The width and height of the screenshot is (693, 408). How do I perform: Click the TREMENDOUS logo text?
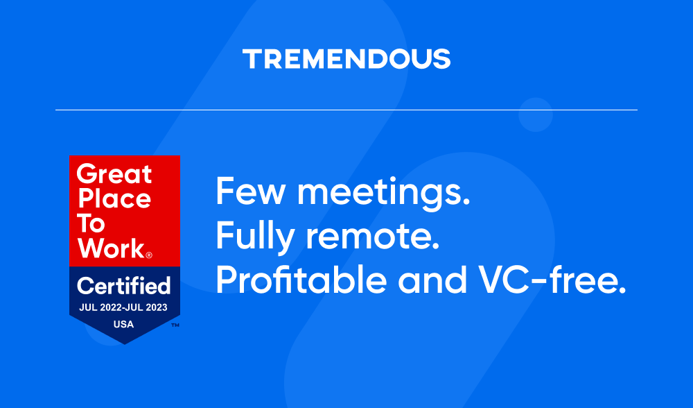click(346, 59)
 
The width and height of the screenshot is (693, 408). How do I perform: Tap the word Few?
click(251, 191)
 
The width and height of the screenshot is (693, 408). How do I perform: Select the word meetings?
click(384, 193)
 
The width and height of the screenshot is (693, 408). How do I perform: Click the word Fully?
click(255, 237)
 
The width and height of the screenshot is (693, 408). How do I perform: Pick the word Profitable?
click(301, 279)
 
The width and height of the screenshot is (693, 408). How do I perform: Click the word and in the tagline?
click(432, 279)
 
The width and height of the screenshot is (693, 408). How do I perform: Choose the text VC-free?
click(553, 279)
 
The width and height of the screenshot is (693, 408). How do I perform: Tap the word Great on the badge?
click(114, 173)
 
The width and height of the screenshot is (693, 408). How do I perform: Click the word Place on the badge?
click(114, 198)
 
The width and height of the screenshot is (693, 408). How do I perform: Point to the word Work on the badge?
click(112, 248)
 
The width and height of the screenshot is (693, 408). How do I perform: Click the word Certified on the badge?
click(124, 285)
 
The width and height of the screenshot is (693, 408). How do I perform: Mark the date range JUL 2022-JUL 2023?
click(123, 307)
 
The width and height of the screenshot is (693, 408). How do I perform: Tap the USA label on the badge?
click(124, 324)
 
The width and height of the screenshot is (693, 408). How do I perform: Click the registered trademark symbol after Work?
click(149, 255)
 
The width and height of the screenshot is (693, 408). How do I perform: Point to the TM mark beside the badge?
click(175, 325)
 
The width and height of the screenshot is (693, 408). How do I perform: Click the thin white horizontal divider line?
click(346, 110)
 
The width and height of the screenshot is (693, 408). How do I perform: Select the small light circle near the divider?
click(536, 114)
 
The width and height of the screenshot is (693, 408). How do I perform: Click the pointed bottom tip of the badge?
click(125, 344)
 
